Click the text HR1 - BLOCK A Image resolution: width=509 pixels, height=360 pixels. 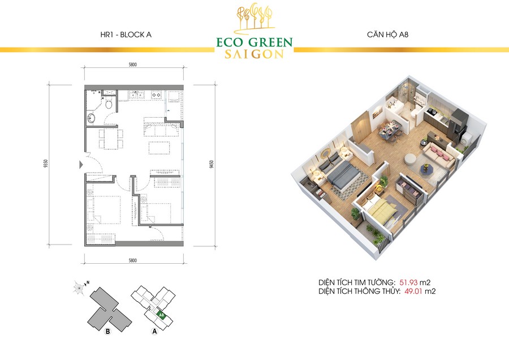point(126,35)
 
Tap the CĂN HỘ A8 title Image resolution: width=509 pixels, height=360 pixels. point(387,34)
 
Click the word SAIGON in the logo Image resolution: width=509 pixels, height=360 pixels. point(255,54)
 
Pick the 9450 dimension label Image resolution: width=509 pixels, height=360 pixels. point(212,164)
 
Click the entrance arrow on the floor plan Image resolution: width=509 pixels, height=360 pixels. point(81,165)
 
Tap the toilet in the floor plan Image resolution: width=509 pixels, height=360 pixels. point(109,104)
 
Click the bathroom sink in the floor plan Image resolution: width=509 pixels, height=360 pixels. point(91,118)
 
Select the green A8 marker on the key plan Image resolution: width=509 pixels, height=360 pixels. point(161,315)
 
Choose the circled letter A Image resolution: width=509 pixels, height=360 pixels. point(154,331)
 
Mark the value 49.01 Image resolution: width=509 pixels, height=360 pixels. point(413,291)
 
